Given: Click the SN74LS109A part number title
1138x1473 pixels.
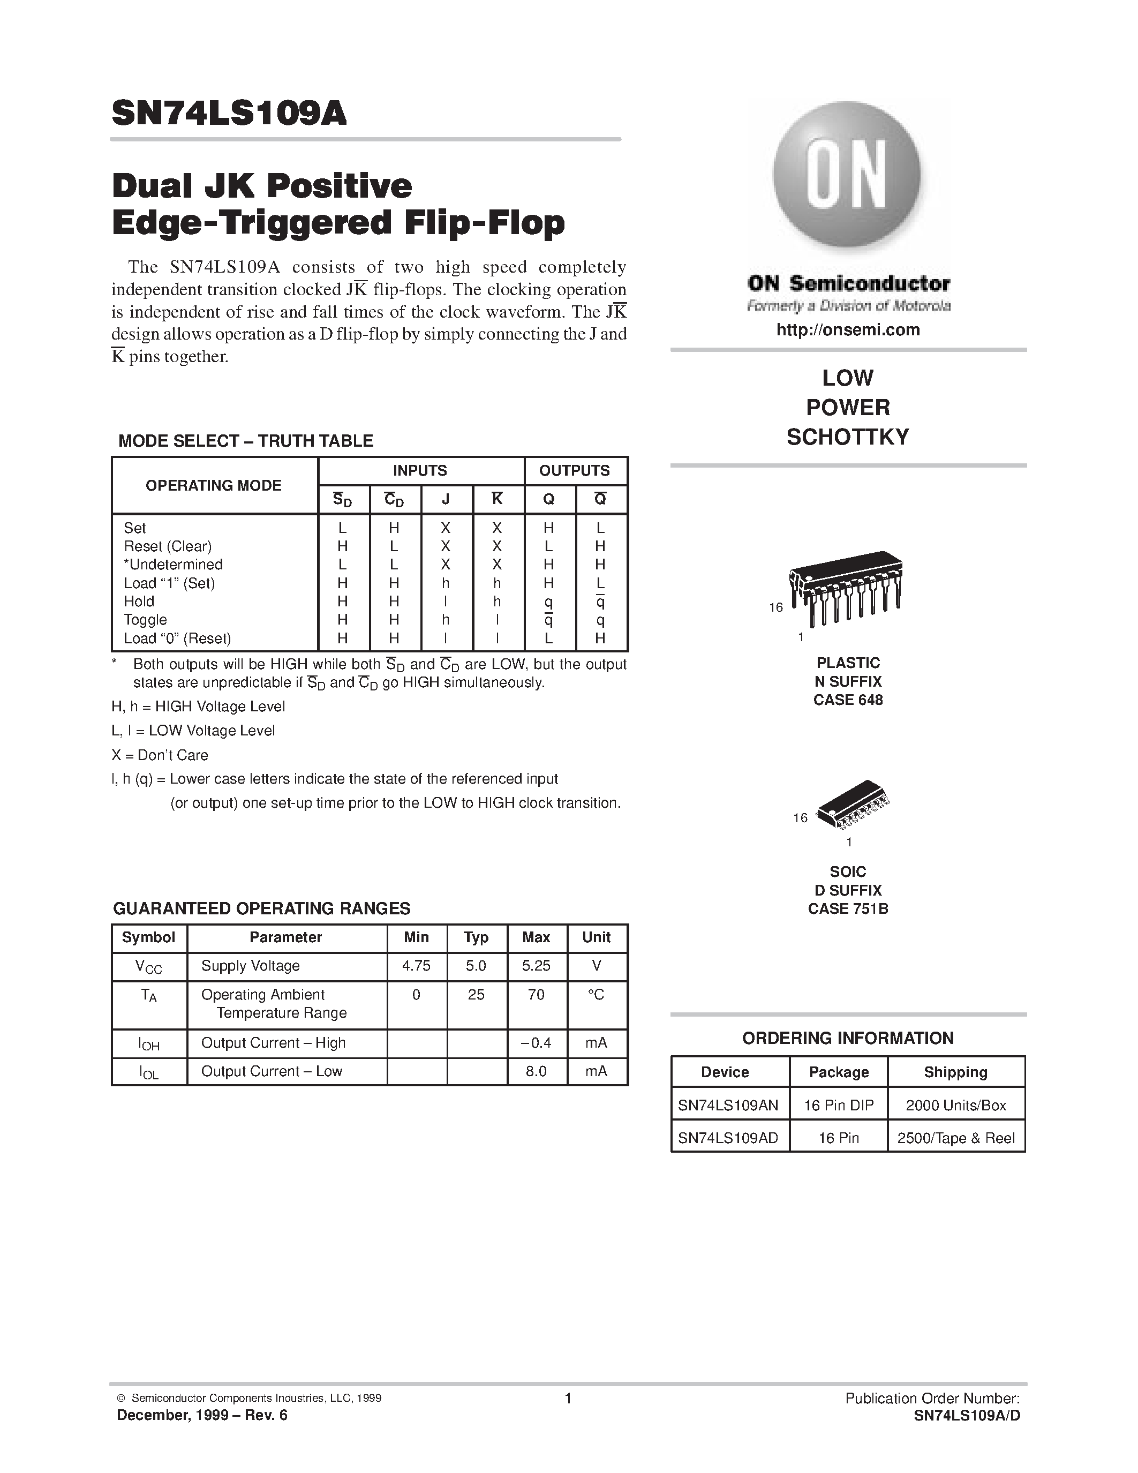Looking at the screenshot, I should (229, 114).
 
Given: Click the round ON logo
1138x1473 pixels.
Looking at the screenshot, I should (847, 174).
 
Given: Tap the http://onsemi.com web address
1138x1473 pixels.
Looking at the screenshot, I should (847, 330).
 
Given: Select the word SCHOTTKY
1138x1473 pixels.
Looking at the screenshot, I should (847, 437).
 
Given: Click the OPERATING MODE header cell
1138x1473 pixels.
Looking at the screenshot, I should (214, 486).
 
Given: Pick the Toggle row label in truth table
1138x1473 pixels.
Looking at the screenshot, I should (146, 620).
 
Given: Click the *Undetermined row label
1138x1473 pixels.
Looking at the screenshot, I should (174, 565).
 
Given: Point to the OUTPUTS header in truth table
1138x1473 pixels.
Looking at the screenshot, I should (575, 471).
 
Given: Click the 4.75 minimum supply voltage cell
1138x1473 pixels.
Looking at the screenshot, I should (416, 966).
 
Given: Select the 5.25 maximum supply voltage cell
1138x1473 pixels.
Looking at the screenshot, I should (536, 966).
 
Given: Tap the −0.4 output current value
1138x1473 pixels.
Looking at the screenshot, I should (536, 1043).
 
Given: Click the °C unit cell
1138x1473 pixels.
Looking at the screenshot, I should (596, 995).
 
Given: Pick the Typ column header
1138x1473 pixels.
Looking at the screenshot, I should (476, 937).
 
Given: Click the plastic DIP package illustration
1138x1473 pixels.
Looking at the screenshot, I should (846, 588).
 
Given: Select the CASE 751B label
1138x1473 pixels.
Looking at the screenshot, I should (847, 908).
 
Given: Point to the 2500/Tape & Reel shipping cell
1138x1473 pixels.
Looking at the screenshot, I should (955, 1138).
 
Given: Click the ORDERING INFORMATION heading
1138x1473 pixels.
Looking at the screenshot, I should (847, 1038).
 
